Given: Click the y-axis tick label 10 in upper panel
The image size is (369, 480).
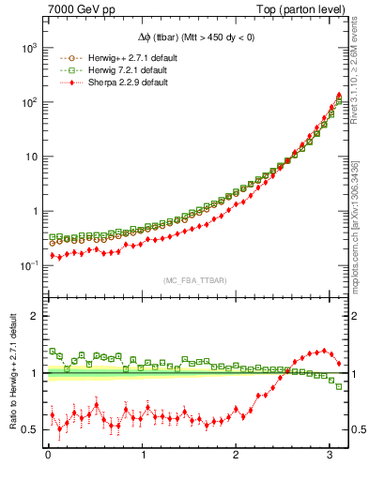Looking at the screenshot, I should click(x=32, y=156).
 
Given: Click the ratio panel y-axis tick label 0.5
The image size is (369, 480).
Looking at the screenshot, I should click(x=29, y=429).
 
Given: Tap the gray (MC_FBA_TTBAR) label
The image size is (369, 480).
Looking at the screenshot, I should click(x=195, y=279).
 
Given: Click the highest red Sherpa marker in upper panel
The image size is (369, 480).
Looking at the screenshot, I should click(x=338, y=95).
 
